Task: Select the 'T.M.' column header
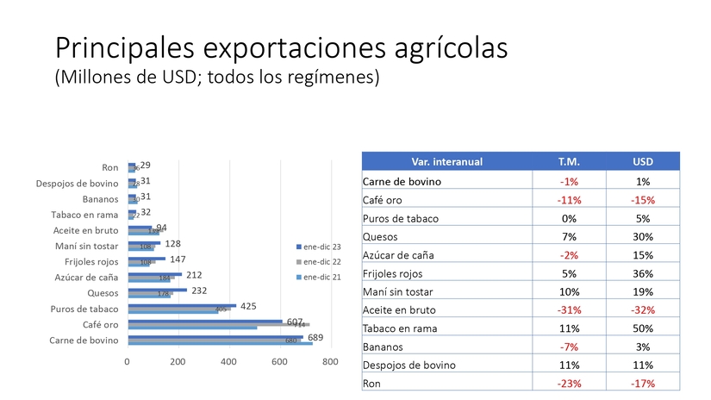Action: coord(569,161)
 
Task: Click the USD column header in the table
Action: coord(642,161)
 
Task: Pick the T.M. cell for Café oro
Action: coord(569,200)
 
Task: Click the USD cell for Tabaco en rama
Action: coord(642,328)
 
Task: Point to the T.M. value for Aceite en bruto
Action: coord(569,309)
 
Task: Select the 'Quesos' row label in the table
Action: coord(381,237)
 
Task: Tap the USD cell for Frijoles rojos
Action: coord(642,273)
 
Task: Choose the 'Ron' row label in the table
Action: coord(372,384)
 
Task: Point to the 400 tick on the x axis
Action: coord(228,363)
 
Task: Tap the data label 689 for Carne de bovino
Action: coord(315,337)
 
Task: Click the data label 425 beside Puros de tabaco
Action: coord(248,306)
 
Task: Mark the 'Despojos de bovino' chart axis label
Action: coord(77,184)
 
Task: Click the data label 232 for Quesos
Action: coord(199,291)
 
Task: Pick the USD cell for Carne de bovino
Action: coord(642,182)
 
